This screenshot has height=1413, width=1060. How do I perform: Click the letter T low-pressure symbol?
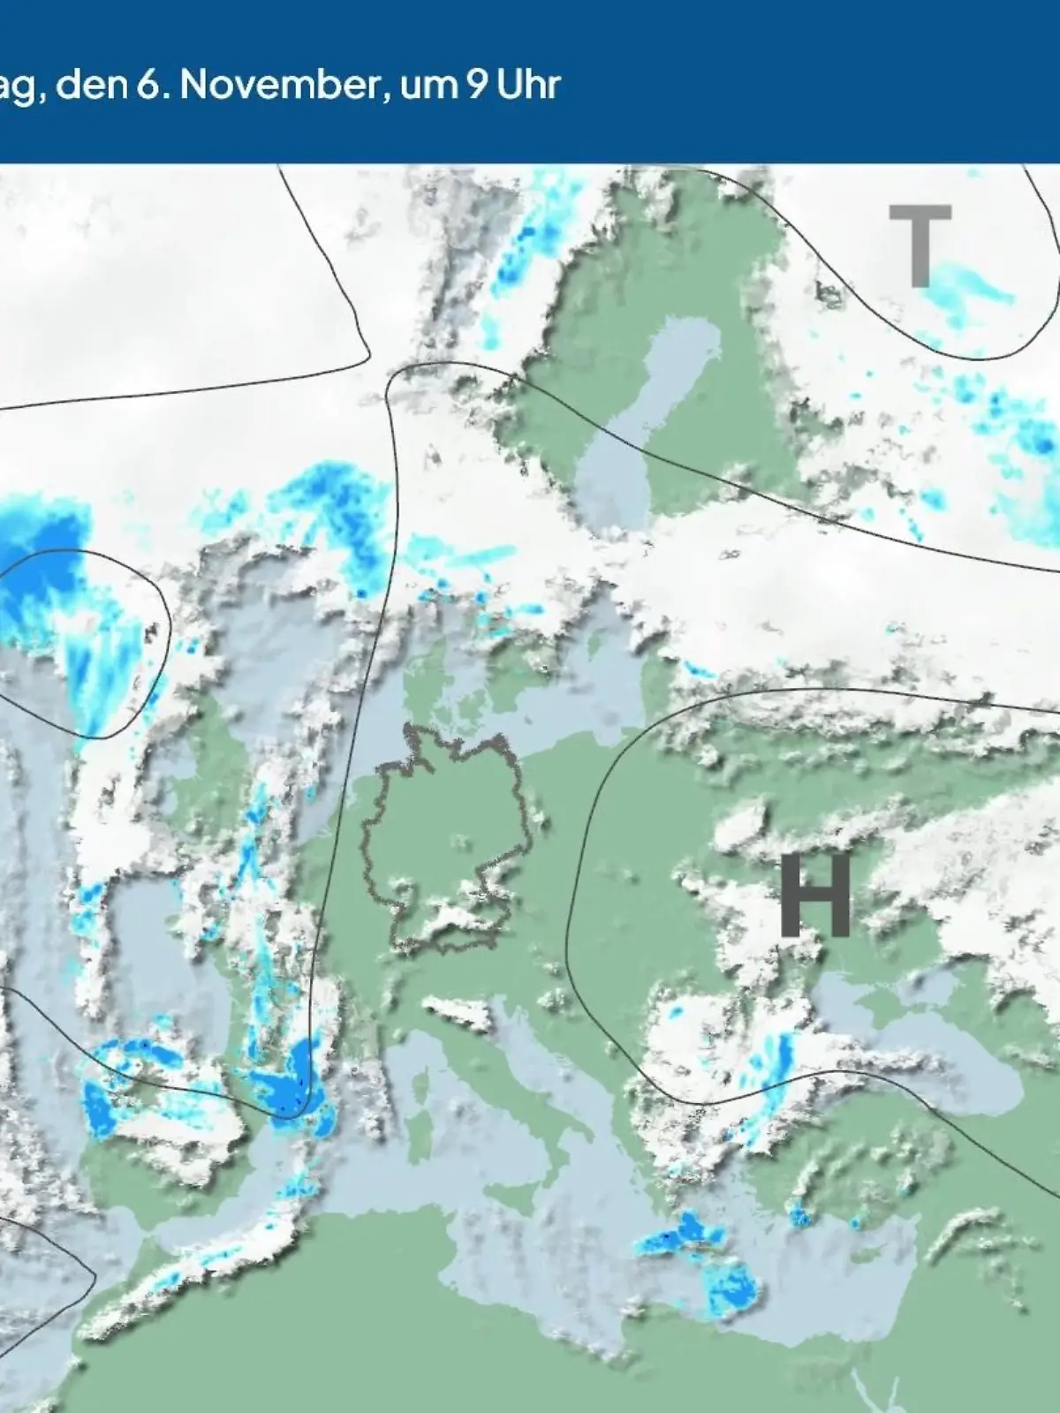(920, 246)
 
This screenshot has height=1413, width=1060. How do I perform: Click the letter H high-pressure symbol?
(814, 895)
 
